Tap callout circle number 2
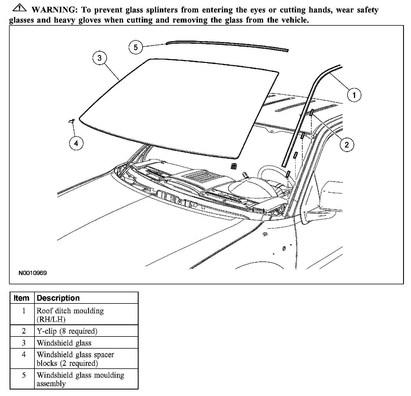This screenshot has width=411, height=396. pyautogui.click(x=346, y=145)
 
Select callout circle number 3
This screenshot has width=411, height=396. pyautogui.click(x=99, y=58)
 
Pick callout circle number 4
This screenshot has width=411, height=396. pyautogui.click(x=76, y=144)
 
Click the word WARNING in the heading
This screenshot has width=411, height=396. pyautogui.click(x=54, y=10)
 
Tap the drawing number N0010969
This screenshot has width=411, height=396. pyautogui.click(x=33, y=273)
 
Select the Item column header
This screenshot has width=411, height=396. pyautogui.click(x=22, y=298)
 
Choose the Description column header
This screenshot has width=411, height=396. pyautogui.click(x=58, y=298)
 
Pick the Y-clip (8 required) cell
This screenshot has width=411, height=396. pyautogui.click(x=67, y=331)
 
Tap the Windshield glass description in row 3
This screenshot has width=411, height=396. pyautogui.click(x=64, y=343)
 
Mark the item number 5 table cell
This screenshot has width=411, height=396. pyautogui.click(x=24, y=375)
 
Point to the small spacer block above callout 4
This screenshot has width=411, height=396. pyautogui.click(x=71, y=121)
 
